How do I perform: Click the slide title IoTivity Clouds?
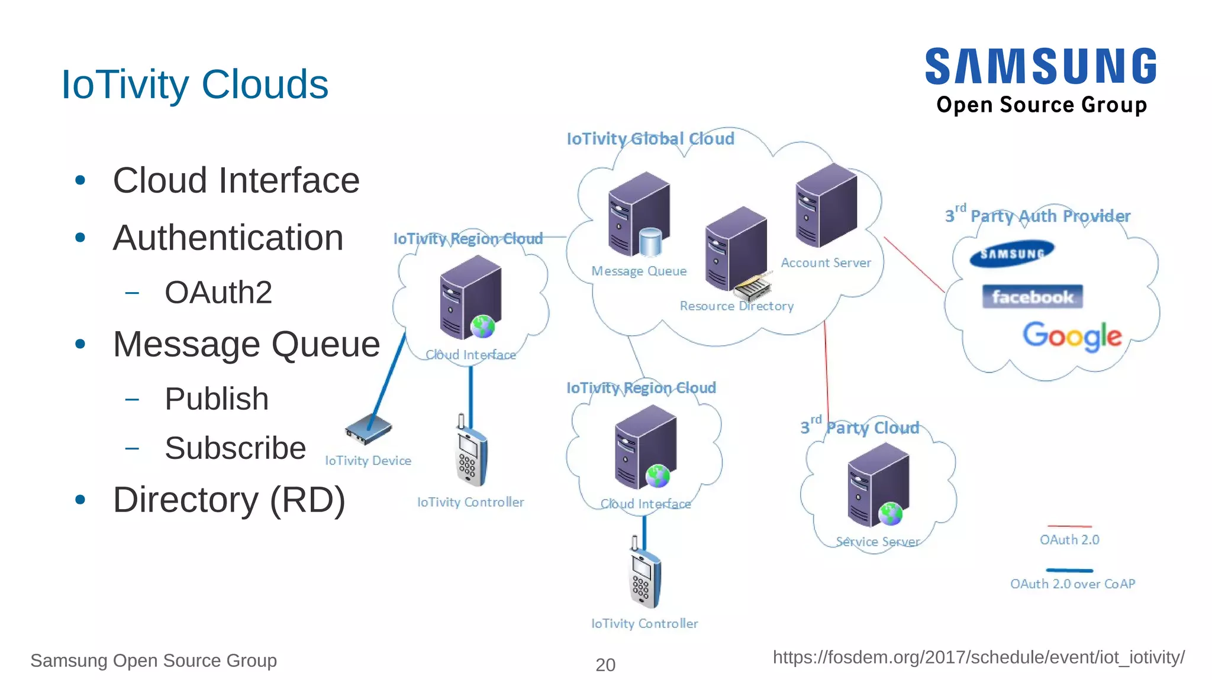click(195, 85)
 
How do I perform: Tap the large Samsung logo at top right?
click(1040, 66)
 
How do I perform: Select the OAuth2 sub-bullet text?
click(218, 293)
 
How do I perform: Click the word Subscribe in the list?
click(235, 448)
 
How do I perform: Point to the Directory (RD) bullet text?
click(229, 500)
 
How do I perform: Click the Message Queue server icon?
click(639, 215)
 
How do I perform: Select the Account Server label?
click(826, 263)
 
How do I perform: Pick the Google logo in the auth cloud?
click(1072, 336)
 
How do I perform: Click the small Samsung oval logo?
click(1012, 254)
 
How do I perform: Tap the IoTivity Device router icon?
click(368, 430)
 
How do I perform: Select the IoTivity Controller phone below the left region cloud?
click(471, 452)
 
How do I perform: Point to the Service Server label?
click(878, 542)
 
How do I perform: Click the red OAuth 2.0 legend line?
click(1069, 526)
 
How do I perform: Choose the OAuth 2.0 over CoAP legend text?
click(1072, 584)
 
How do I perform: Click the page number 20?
click(605, 665)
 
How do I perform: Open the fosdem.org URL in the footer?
click(978, 658)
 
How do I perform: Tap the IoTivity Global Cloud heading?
click(650, 139)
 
